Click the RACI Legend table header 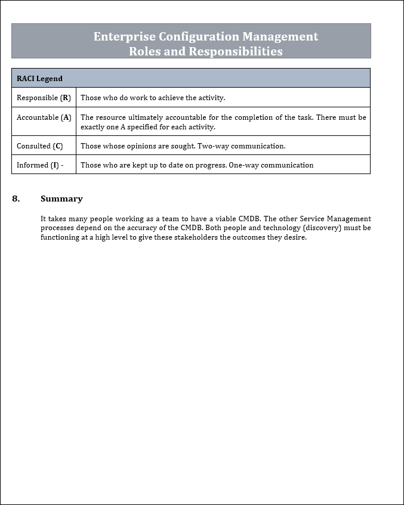(39, 78)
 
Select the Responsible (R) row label (44, 98)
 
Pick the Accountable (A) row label (44, 117)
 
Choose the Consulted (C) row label (39, 146)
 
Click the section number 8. (16, 199)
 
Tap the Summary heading (61, 199)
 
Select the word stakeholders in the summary (169, 237)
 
